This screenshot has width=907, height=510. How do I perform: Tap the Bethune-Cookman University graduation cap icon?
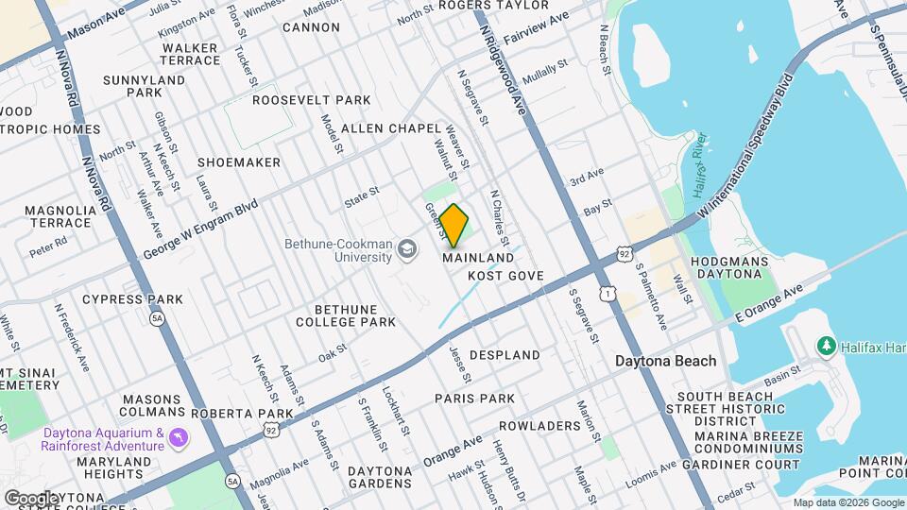[407, 249]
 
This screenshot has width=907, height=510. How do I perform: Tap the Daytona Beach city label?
[665, 361]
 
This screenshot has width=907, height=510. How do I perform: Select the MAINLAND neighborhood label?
[478, 258]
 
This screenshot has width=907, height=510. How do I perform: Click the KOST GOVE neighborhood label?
[506, 276]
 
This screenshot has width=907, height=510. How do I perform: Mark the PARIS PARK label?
[474, 399]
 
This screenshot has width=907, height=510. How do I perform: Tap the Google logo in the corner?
[31, 498]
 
